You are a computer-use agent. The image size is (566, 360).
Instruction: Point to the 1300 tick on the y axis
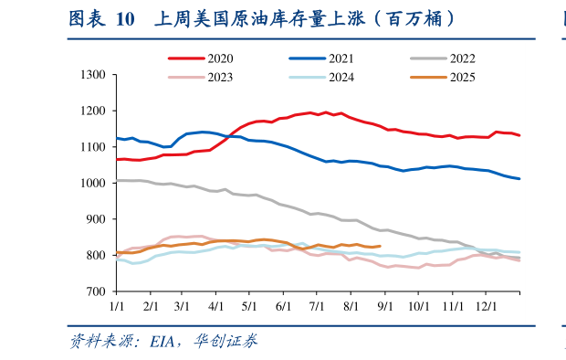(x=94, y=75)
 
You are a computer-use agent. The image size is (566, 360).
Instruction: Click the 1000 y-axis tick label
(x=94, y=183)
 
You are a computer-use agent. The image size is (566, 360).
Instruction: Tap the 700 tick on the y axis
(x=98, y=291)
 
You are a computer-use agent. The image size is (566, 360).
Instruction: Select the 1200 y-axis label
(x=94, y=111)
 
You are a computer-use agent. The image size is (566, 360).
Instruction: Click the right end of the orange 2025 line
(x=380, y=246)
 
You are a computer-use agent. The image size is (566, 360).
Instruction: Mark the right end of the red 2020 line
(x=519, y=135)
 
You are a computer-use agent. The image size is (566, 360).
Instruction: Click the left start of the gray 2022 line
(x=117, y=180)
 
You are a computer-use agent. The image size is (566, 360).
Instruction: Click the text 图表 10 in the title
(x=100, y=18)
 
